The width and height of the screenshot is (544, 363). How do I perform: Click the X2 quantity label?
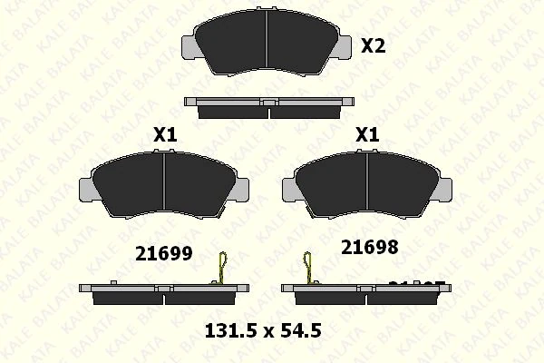tap(374, 45)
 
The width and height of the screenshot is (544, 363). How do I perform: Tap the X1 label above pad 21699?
tap(164, 134)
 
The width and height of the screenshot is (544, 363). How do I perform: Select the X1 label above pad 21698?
tap(366, 134)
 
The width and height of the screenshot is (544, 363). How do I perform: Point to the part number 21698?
tap(369, 245)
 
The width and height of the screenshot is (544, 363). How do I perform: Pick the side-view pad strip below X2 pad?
tap(268, 107)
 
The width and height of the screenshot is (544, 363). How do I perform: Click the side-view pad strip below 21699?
tap(162, 292)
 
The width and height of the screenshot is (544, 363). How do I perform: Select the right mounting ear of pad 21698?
tap(443, 188)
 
